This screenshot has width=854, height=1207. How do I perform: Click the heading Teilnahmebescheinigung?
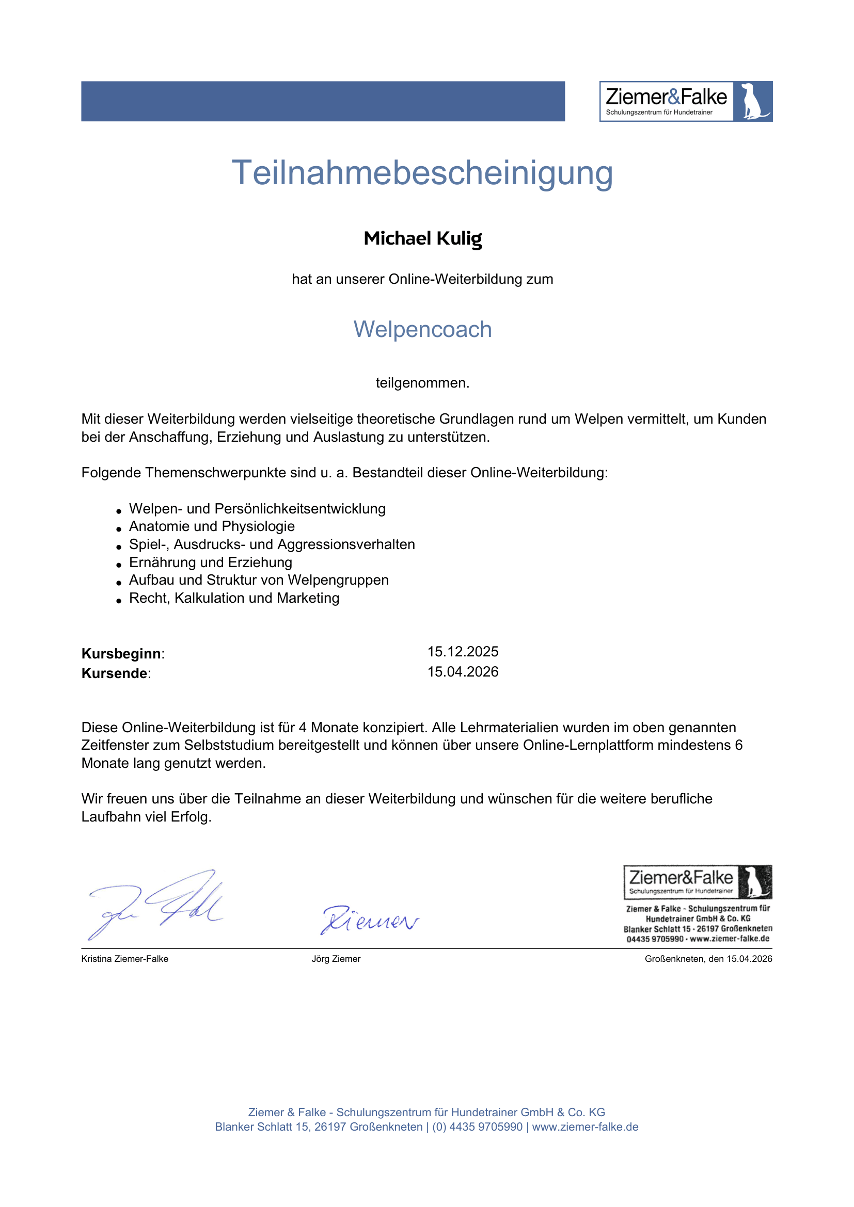click(422, 173)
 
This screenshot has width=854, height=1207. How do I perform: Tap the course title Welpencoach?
click(422, 330)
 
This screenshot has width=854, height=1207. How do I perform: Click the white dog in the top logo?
click(752, 101)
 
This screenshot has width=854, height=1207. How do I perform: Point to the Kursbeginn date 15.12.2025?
click(463, 652)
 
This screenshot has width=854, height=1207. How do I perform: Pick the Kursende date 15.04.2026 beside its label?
click(463, 672)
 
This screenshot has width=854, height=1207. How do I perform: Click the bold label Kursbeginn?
click(121, 653)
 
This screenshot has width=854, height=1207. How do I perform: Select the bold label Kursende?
click(115, 673)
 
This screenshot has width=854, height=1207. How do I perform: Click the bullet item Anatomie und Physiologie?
click(212, 526)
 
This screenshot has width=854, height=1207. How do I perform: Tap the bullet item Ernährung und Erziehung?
click(210, 562)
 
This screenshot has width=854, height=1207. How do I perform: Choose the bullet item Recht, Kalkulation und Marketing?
click(234, 598)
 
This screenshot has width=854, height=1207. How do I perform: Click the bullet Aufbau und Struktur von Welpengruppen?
click(259, 581)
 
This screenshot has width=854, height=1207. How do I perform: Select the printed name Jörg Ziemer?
click(336, 959)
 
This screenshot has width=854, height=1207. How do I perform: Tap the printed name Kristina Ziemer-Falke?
click(124, 959)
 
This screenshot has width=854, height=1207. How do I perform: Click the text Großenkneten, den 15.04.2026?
click(708, 959)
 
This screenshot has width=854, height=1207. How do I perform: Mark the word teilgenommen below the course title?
click(422, 383)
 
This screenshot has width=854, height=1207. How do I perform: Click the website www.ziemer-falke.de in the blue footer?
click(585, 1127)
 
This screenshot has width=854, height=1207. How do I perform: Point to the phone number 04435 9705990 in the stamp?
click(655, 939)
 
